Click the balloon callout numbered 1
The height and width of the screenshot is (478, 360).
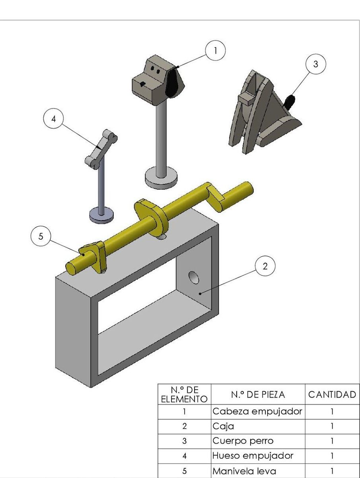coord(215,51)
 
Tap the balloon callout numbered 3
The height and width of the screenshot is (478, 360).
coord(315,64)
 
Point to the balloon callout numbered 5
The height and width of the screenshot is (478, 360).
coord(41,236)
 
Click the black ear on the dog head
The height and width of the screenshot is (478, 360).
coord(174,83)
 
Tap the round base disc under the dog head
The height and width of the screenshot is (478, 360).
coord(161,177)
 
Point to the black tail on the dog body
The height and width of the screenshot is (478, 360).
coord(291,101)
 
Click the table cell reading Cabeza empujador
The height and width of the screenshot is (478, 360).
coord(257,411)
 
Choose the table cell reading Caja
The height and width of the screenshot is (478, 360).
coord(257,426)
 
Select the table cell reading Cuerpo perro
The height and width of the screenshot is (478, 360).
coord(257,441)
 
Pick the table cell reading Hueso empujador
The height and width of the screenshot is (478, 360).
coord(257,456)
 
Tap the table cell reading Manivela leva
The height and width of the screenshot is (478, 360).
coord(257,471)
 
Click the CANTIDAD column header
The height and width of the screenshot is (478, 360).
coord(332,394)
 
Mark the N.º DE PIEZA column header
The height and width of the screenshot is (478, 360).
coord(257,394)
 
